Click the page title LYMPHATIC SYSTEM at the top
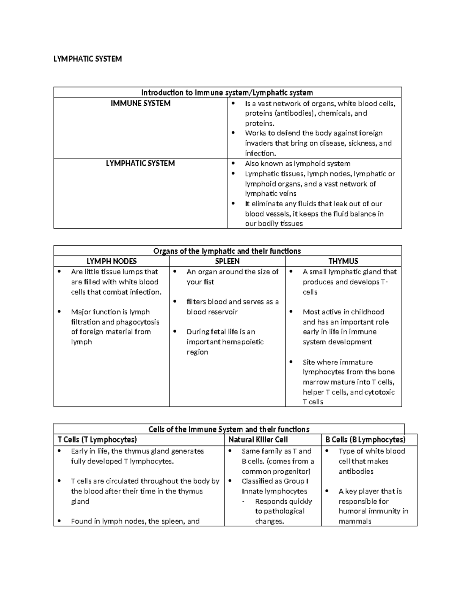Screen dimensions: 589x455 (88, 59)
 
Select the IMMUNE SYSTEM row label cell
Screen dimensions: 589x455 (140, 104)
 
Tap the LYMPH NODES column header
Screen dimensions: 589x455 (111, 261)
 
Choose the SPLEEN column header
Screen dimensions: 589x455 (227, 261)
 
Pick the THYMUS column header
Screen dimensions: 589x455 (343, 261)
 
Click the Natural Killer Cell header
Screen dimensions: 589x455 (258, 440)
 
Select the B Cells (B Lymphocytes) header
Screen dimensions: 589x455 (365, 440)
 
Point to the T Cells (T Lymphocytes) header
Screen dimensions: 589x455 (97, 440)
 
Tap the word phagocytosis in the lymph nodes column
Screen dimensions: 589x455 (138, 322)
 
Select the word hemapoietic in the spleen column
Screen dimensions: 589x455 (244, 342)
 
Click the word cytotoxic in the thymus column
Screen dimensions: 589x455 (380, 392)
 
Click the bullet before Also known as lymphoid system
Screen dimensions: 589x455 (233, 164)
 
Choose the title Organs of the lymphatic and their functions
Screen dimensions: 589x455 (227, 251)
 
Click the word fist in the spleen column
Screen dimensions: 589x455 (209, 282)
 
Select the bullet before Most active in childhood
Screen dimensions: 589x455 (291, 312)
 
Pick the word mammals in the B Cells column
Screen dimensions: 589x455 (355, 521)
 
